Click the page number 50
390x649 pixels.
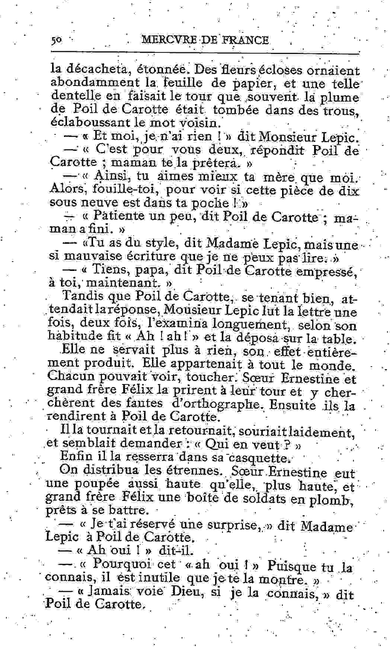pyautogui.click(x=57, y=40)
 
